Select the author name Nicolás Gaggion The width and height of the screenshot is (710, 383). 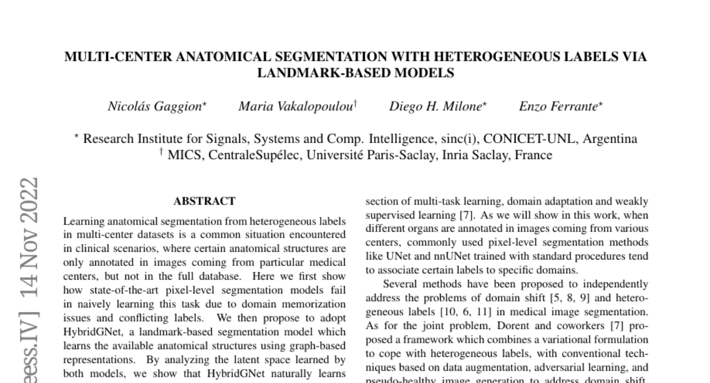[155, 107]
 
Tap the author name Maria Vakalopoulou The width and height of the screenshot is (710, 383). [295, 107]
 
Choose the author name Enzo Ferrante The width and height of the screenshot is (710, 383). [559, 107]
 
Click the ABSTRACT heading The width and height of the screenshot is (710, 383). [205, 202]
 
